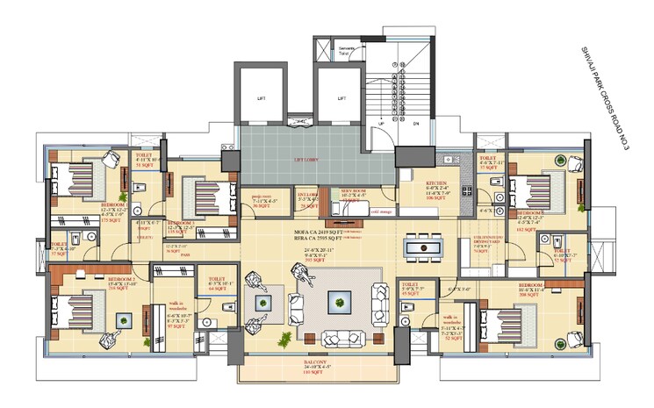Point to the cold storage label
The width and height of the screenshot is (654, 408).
tap(379, 211)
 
